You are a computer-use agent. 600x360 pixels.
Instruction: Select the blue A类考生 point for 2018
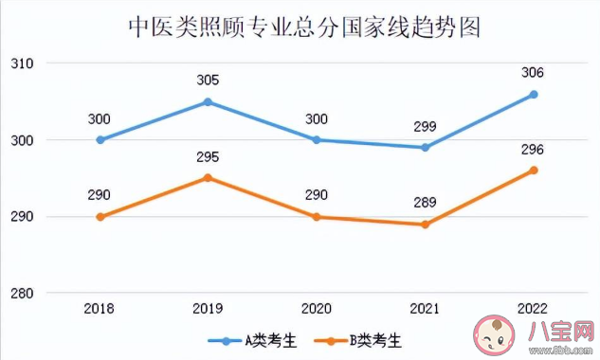[100, 140]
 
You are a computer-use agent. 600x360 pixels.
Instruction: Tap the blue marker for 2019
[209, 101]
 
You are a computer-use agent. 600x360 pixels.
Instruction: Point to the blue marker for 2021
[426, 148]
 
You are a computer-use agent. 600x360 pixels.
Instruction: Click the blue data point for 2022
[534, 94]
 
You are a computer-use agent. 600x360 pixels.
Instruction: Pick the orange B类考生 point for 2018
[100, 217]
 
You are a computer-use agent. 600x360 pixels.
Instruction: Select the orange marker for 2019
[209, 178]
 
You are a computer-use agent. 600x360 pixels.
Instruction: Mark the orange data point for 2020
[317, 217]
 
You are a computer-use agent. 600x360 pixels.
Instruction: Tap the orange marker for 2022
[534, 171]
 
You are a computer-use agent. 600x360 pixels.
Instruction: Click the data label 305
[209, 81]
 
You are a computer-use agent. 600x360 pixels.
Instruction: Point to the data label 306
[534, 73]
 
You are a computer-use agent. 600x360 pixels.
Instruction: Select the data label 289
[426, 203]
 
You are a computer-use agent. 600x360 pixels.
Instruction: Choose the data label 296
[534, 150]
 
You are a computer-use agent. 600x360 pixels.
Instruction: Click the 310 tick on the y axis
[22, 63]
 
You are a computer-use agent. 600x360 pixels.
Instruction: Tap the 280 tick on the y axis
[22, 294]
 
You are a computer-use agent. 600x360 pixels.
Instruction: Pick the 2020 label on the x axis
[317, 309]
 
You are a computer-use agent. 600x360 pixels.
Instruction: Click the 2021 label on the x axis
[426, 309]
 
